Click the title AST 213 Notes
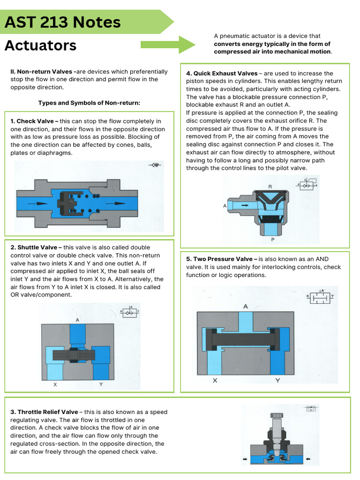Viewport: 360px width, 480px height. pos(62,22)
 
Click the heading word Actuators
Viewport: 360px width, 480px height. pos(40,45)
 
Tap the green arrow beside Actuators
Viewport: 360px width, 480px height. pos(168,45)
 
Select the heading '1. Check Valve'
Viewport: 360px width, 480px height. pos(32,121)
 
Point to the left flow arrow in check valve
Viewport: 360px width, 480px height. pos(37,203)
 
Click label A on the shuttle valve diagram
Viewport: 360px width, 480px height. pos(77,320)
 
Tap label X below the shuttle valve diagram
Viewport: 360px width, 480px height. pos(55,384)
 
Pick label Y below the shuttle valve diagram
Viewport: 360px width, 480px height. pos(101,384)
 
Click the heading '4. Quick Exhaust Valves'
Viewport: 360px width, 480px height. pos(221,73)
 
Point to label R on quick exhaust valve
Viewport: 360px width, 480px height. pos(270,187)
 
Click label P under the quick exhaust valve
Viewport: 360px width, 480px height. pos(272,239)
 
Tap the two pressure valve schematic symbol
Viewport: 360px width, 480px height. pos(320,296)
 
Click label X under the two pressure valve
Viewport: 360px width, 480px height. pos(215,380)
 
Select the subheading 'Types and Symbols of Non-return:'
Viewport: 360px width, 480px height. pos(89,103)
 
